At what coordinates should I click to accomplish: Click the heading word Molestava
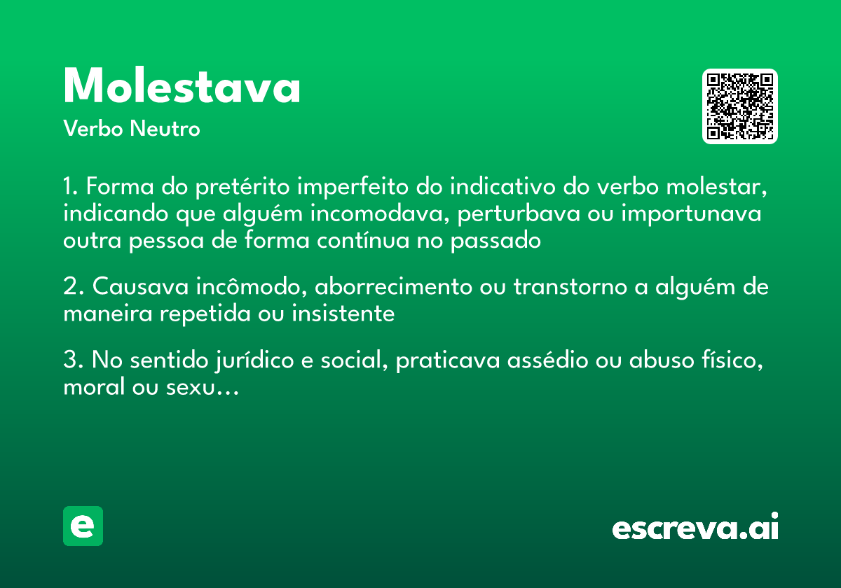tap(182, 87)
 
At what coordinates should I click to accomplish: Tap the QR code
tap(740, 106)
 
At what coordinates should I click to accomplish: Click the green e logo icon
tap(83, 526)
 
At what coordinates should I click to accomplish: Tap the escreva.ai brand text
tap(695, 527)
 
